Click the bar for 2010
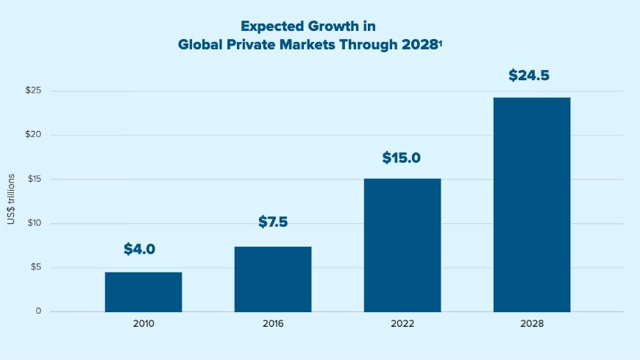(x=143, y=292)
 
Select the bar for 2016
(x=273, y=279)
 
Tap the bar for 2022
(x=402, y=245)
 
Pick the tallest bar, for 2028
(x=532, y=204)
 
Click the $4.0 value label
(x=139, y=249)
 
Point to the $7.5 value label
(x=273, y=222)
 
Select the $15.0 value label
(x=401, y=158)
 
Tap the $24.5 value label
(x=529, y=75)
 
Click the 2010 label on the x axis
(x=143, y=324)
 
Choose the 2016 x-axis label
(x=273, y=324)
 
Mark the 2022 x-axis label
(x=402, y=324)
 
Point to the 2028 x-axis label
(x=532, y=324)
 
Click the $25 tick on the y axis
(x=34, y=91)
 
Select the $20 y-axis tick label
(x=34, y=135)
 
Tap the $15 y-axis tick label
(x=34, y=180)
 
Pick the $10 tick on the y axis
(x=34, y=224)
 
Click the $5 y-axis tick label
(x=36, y=268)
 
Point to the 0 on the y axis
(x=38, y=311)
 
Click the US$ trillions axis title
(x=12, y=200)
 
